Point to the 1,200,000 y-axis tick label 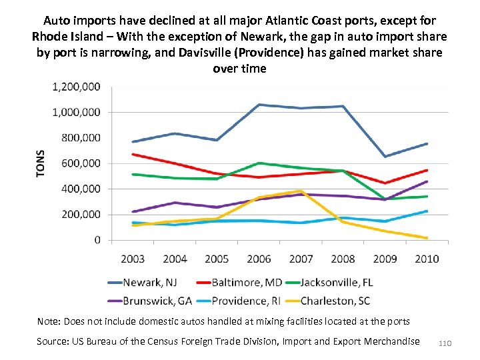pyautogui.click(x=76, y=87)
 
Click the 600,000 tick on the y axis pyautogui.click(x=80, y=163)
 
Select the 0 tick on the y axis pyautogui.click(x=97, y=240)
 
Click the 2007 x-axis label pyautogui.click(x=301, y=258)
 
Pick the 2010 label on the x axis pyautogui.click(x=427, y=258)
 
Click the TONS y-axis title pyautogui.click(x=41, y=163)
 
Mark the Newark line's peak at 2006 pyautogui.click(x=259, y=105)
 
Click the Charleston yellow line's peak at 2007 pyautogui.click(x=301, y=191)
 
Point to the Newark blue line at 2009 pyautogui.click(x=385, y=157)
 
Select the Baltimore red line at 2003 pyautogui.click(x=133, y=154)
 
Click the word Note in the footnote pyautogui.click(x=48, y=321)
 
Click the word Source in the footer pyautogui.click(x=53, y=341)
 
